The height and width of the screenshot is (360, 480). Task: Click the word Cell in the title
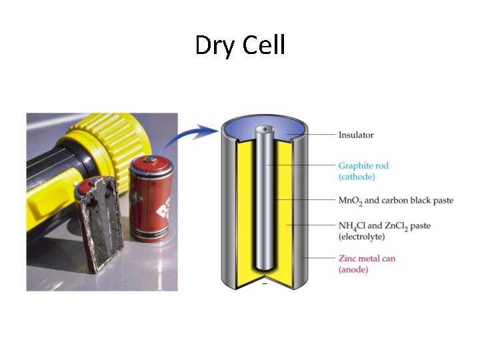tap(263, 45)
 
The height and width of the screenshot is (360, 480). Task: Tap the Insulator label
tap(356, 135)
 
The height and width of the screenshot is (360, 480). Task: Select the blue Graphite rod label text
tap(363, 165)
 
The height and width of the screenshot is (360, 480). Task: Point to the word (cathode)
tap(357, 177)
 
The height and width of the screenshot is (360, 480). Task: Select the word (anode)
tap(353, 269)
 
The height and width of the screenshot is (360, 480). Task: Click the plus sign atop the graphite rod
tap(265, 129)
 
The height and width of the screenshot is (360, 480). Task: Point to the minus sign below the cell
tap(265, 285)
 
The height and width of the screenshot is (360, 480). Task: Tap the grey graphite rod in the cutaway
tap(265, 200)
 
